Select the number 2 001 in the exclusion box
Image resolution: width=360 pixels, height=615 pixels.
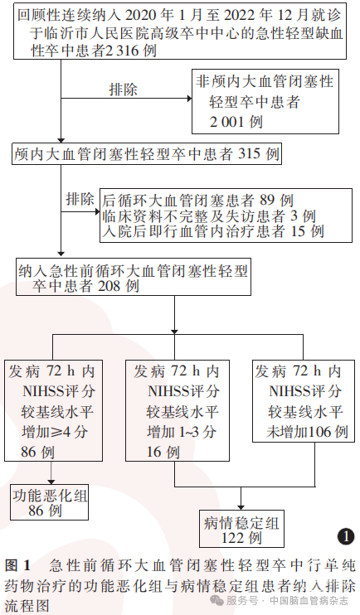point(227,122)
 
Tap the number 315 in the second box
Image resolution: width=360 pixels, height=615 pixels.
point(250,154)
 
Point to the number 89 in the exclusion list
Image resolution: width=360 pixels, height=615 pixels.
point(267,201)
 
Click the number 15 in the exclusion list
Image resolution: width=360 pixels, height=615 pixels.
point(299,231)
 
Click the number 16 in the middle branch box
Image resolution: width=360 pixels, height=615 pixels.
point(153,452)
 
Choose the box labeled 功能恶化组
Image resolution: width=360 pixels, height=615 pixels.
point(50,502)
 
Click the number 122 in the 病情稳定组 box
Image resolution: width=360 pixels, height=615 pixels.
point(232,538)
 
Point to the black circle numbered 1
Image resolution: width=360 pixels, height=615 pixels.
point(346,536)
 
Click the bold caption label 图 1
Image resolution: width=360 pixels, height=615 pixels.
point(17,566)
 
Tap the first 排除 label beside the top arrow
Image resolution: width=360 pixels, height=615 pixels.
point(124,90)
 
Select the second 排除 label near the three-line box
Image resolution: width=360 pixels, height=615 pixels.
point(80,199)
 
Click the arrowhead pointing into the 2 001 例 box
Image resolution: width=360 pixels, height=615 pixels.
point(189,99)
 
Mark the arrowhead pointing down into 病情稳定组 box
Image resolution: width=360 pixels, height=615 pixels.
point(241,506)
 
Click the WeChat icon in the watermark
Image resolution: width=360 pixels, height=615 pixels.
point(217,600)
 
